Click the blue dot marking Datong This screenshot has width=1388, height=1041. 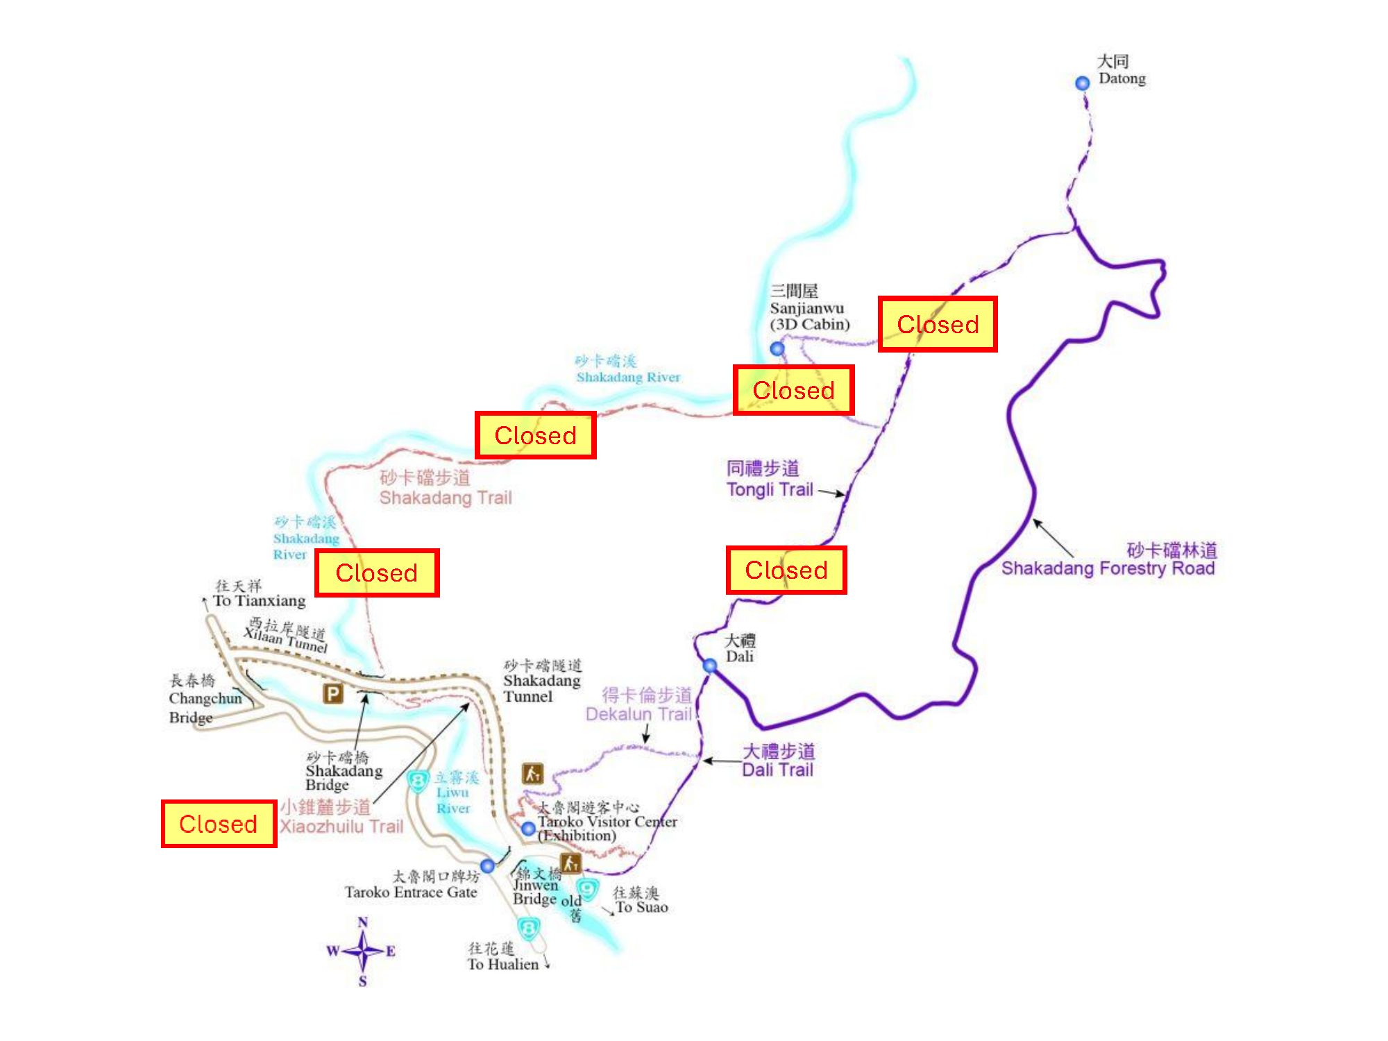1082,83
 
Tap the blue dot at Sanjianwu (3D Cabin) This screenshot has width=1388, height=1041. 777,348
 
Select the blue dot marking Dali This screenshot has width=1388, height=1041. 709,666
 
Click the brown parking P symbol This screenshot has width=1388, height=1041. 333,693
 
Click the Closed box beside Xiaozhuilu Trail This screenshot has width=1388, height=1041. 219,824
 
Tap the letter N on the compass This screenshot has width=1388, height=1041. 362,922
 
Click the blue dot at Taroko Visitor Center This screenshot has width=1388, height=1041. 528,829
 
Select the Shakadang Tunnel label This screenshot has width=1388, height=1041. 542,681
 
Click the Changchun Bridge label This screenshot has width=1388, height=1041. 205,699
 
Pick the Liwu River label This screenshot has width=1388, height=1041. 454,793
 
